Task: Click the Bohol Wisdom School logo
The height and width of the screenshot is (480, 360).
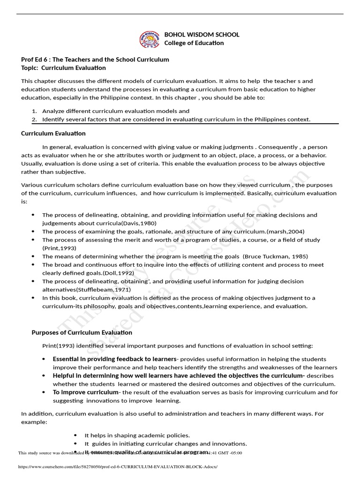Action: coord(150,39)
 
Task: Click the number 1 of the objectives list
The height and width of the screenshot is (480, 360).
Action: coord(34,111)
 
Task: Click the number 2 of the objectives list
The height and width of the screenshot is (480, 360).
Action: coord(34,120)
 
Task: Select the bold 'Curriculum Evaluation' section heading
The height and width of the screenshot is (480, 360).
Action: coord(53,134)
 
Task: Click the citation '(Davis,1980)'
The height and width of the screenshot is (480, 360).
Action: coord(139,223)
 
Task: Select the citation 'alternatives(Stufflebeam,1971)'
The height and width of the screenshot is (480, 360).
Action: coord(86,290)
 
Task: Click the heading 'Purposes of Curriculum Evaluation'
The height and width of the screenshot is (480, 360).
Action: coord(82,332)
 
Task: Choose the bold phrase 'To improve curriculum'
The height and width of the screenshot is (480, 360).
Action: coord(85,392)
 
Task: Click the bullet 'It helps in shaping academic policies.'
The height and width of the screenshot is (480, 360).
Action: coord(137,435)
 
